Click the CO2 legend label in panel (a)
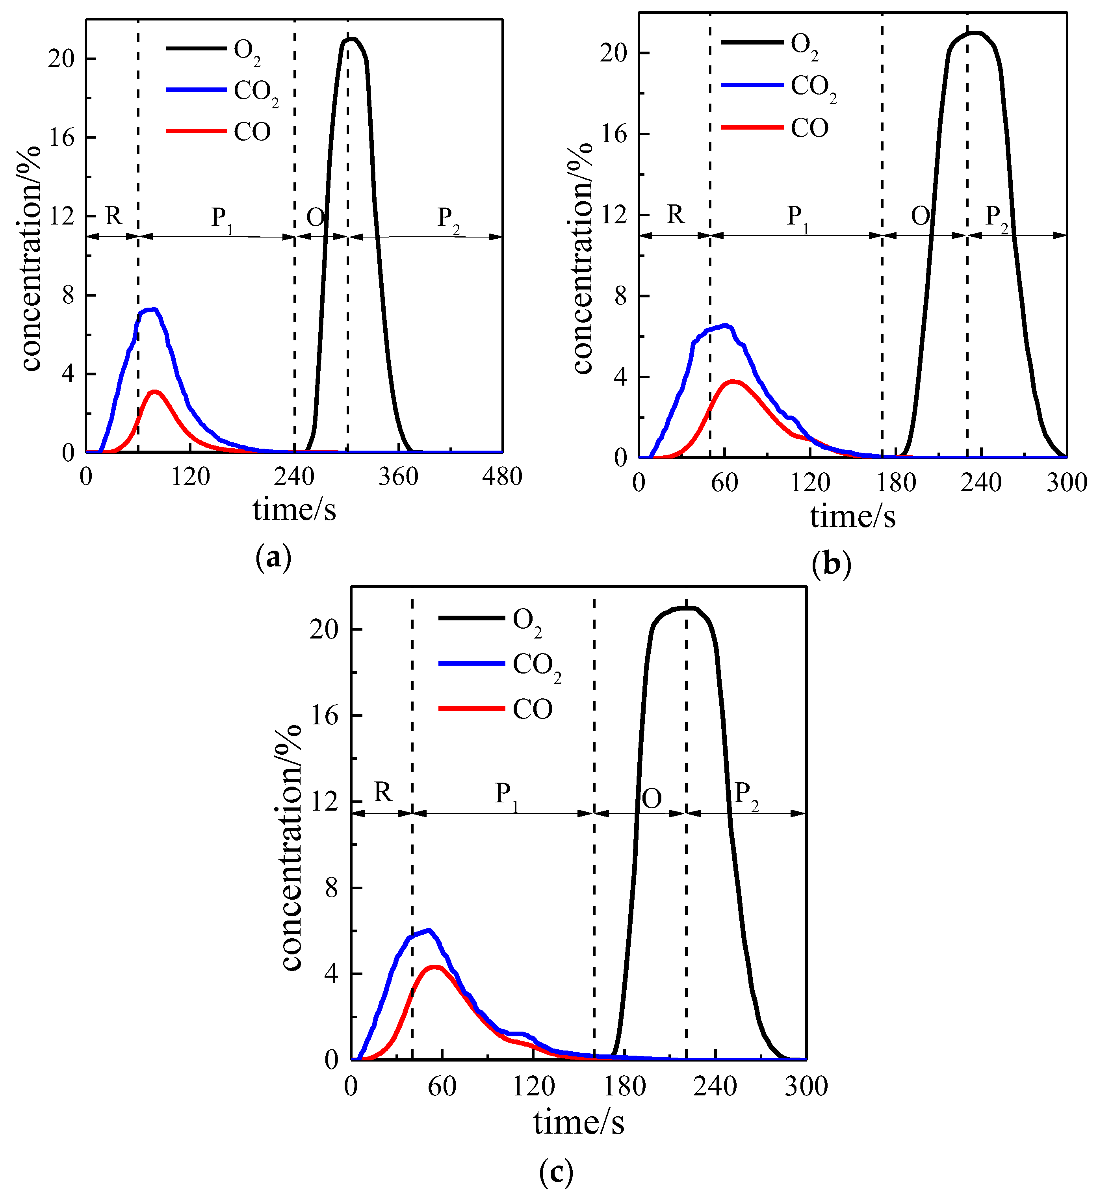pyautogui.click(x=256, y=93)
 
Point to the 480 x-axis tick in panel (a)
pyautogui.click(x=503, y=477)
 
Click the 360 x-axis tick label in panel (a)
pyautogui.click(x=399, y=477)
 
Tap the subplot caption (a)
pyautogui.click(x=273, y=557)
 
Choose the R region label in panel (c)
pyautogui.click(x=382, y=792)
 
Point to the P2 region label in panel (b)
pyautogui.click(x=997, y=217)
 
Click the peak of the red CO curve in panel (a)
pyautogui.click(x=155, y=392)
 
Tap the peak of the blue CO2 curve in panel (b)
pyautogui.click(x=725, y=325)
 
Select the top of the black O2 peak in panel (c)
pyautogui.click(x=687, y=608)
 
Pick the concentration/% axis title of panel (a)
pyautogui.click(x=30, y=259)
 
